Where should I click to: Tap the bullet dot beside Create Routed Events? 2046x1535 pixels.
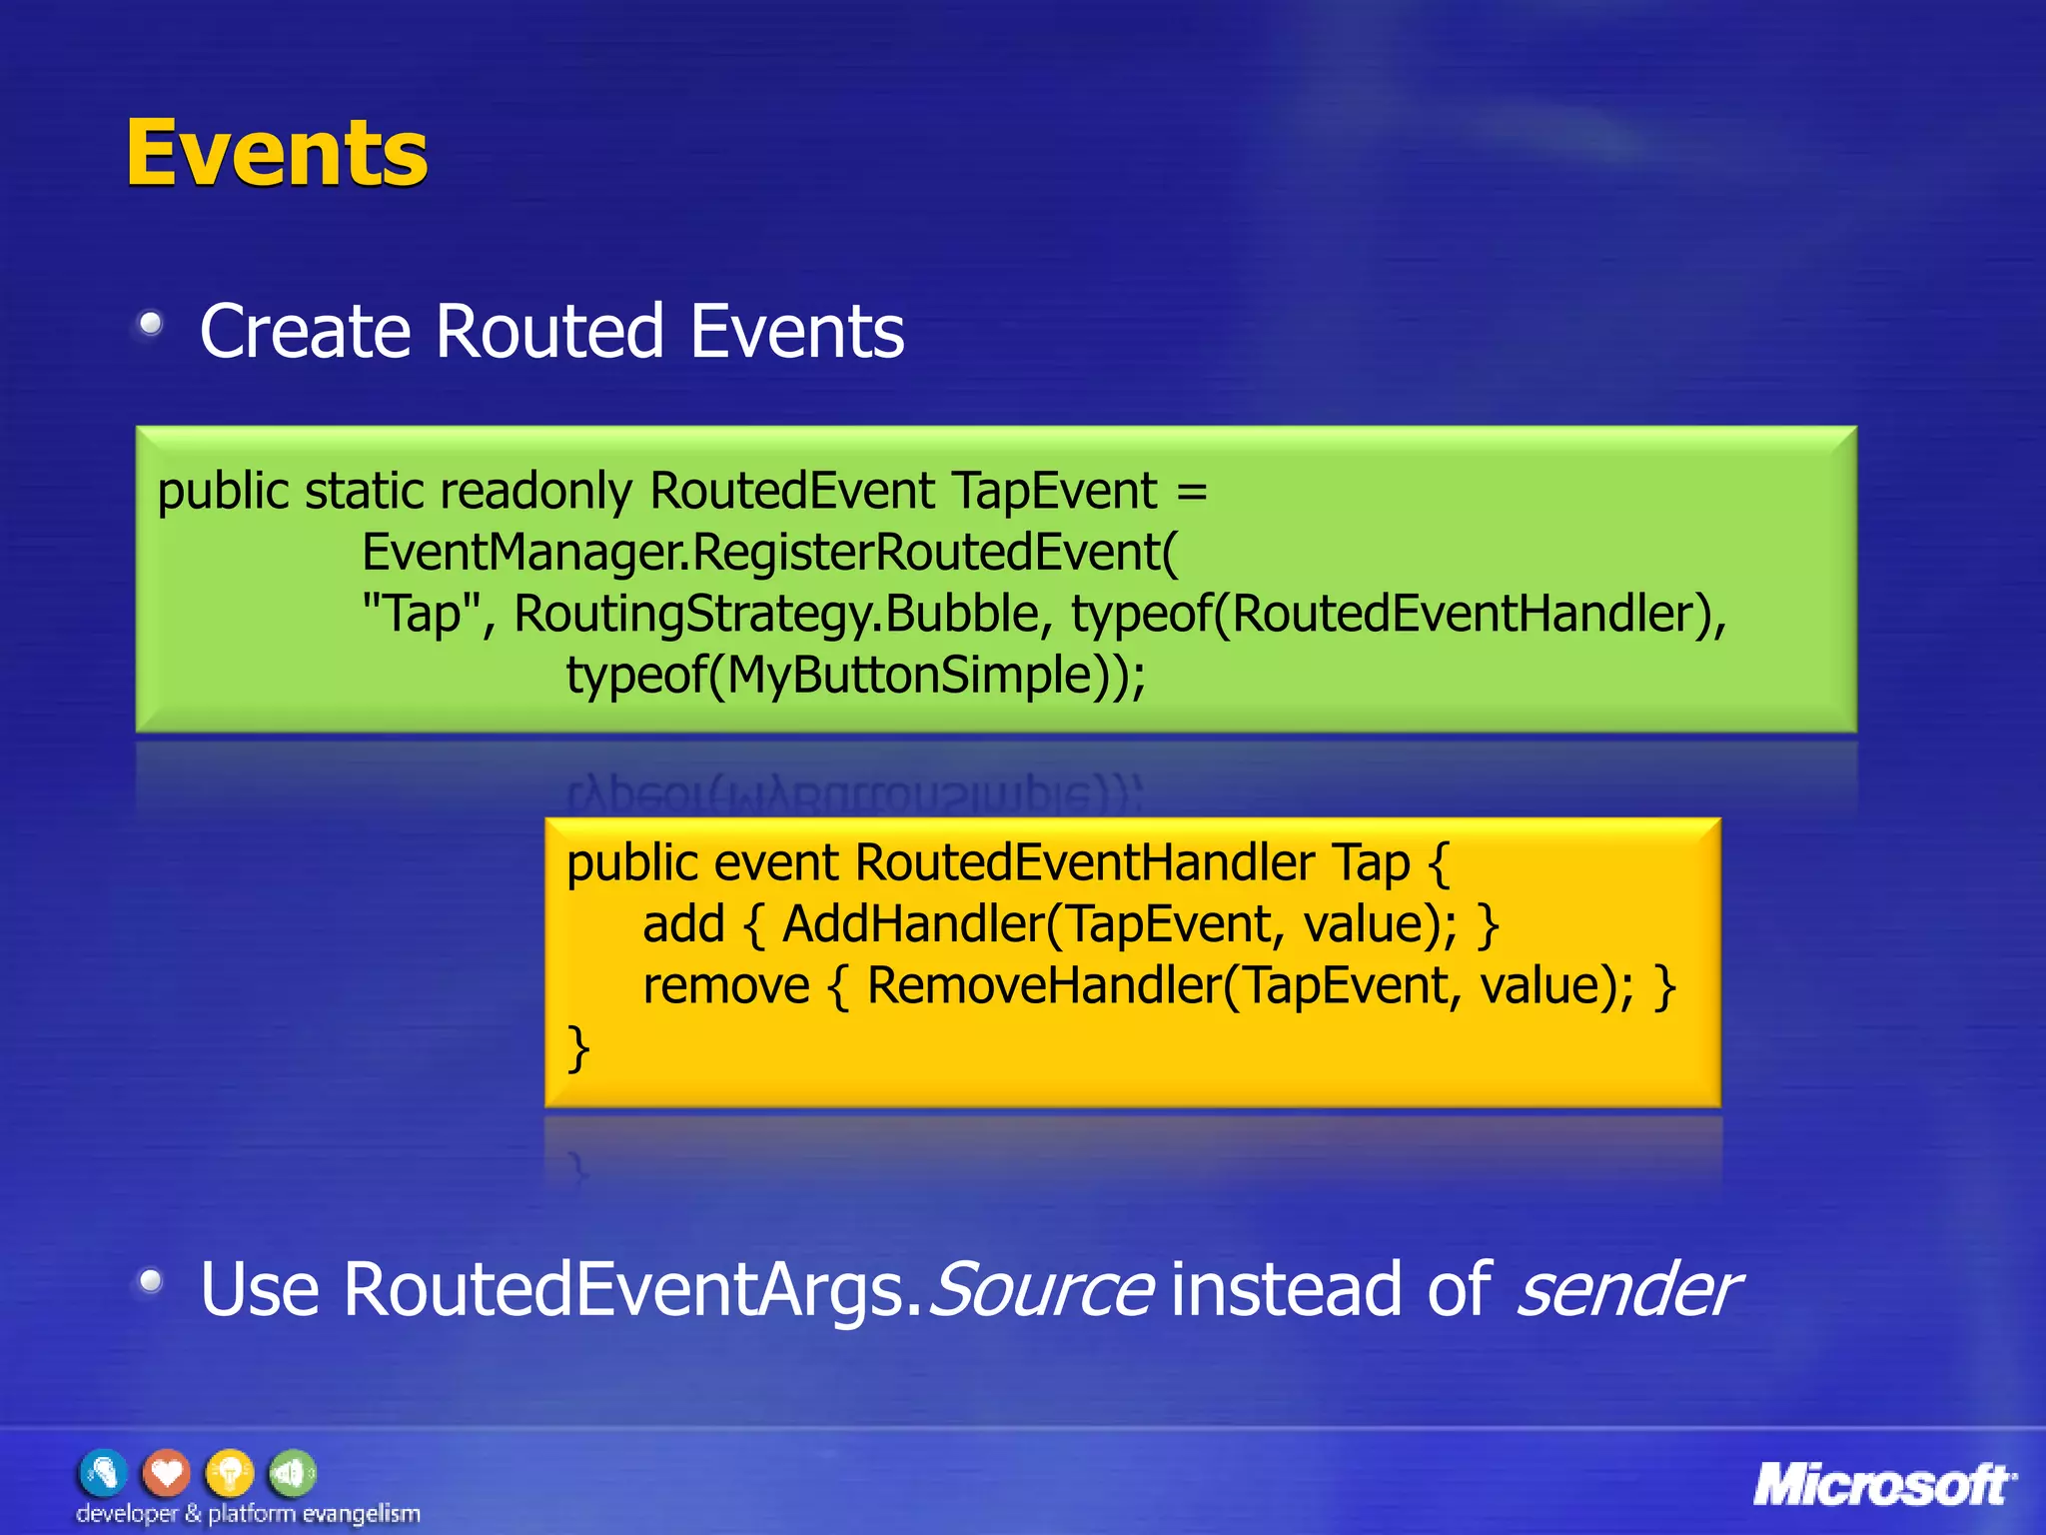click(151, 323)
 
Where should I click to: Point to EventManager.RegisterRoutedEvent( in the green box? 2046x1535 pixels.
click(769, 553)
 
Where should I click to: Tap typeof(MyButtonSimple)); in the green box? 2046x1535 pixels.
click(855, 676)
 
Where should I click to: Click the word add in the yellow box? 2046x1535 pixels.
click(683, 924)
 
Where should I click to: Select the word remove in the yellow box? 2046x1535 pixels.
click(725, 986)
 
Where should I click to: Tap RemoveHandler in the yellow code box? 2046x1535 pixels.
click(1044, 986)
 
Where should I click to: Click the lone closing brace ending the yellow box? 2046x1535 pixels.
click(577, 1048)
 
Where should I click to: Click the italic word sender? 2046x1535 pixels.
click(1627, 1289)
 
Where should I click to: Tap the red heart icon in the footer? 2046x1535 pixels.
click(166, 1473)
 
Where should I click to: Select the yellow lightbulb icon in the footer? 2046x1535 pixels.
click(230, 1473)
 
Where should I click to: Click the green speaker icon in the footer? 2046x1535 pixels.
click(292, 1473)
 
